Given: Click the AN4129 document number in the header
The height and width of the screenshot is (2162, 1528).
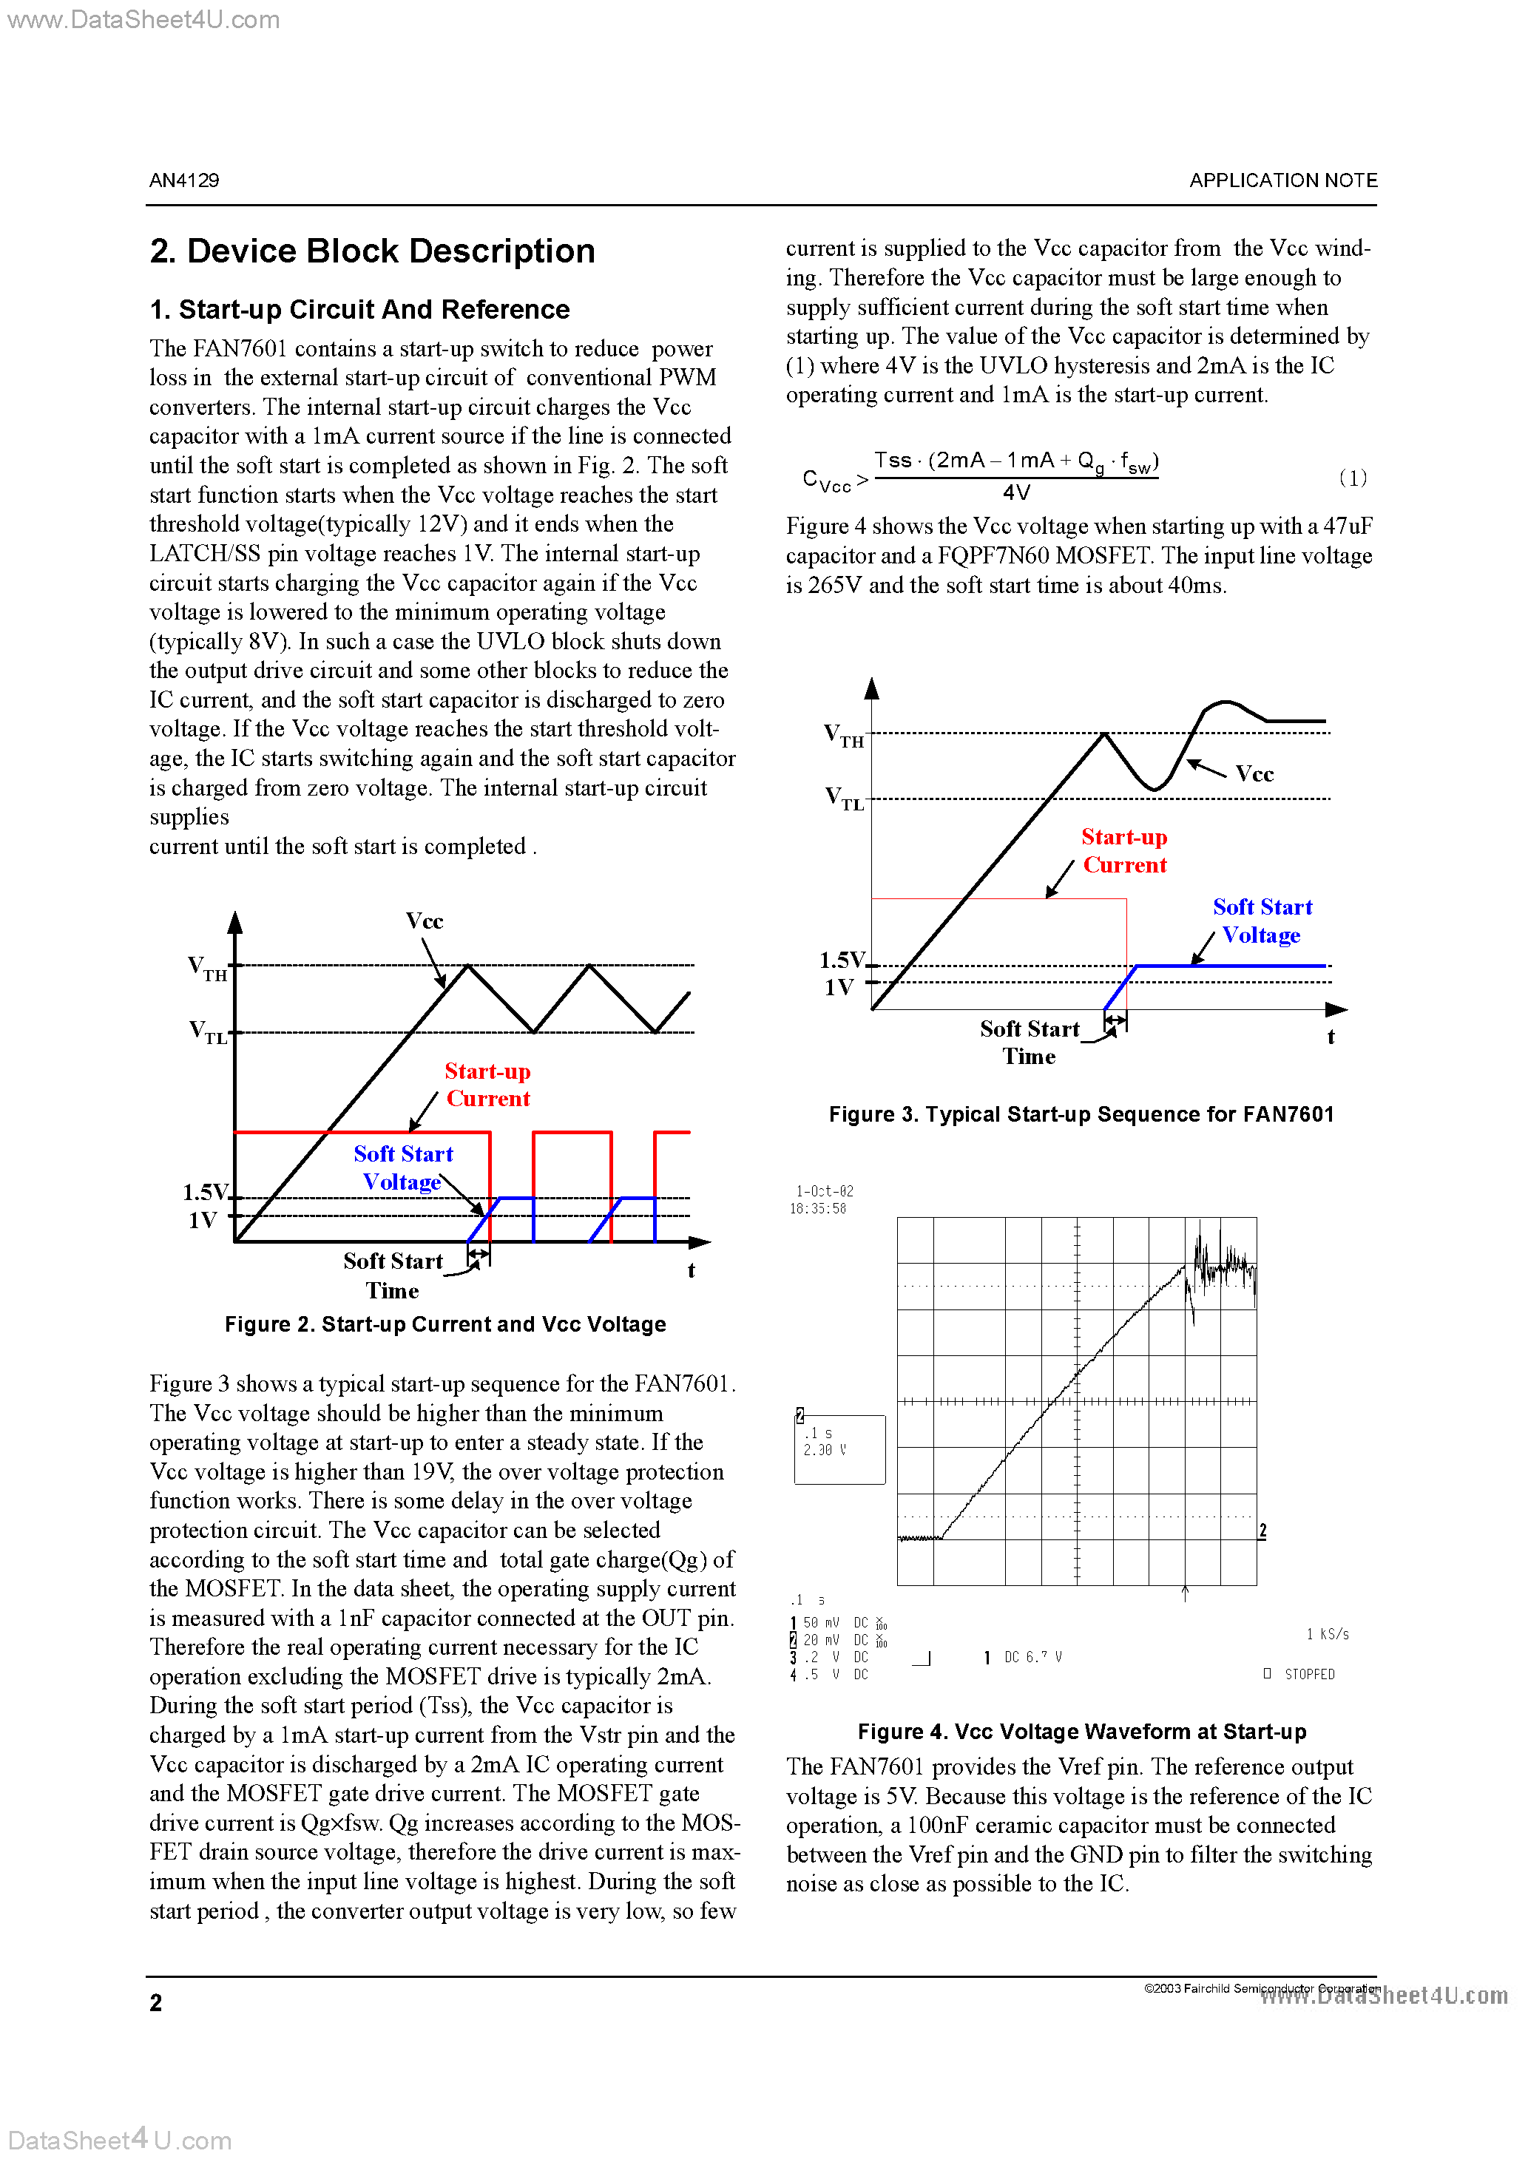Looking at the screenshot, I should click(183, 180).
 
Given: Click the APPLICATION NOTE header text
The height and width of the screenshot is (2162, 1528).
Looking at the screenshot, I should click(1282, 180).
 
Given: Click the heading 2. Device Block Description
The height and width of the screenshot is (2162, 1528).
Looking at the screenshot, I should click(372, 251).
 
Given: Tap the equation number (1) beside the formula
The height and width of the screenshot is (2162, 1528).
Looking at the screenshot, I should click(1352, 478).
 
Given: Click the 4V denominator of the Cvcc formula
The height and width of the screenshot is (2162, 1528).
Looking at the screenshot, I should click(1015, 492).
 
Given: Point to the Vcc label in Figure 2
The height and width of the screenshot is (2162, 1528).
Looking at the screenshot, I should click(424, 921).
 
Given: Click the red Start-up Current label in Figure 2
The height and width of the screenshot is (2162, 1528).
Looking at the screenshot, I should click(487, 1085).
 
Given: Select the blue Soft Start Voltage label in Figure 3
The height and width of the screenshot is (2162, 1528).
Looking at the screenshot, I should click(1262, 921).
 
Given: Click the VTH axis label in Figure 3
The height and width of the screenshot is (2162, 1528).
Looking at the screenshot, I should click(843, 736).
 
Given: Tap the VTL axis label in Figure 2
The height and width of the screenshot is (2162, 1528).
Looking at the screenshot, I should click(208, 1032).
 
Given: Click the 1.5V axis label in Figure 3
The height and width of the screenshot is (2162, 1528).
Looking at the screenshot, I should click(841, 960).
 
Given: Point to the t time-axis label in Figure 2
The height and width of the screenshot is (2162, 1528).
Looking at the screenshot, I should click(691, 1270).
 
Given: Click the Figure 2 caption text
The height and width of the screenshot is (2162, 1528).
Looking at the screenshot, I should click(444, 1324).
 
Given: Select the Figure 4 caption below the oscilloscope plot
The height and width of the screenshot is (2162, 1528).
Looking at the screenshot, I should click(1081, 1732).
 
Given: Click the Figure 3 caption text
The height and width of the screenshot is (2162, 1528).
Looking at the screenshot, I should click(1081, 1114).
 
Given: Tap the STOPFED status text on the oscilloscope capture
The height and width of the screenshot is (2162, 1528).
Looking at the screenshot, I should click(1308, 1674).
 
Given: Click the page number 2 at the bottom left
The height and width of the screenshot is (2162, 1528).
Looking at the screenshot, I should click(155, 2003).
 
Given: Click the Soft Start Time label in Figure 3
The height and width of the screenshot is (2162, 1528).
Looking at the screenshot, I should click(1029, 1043).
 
